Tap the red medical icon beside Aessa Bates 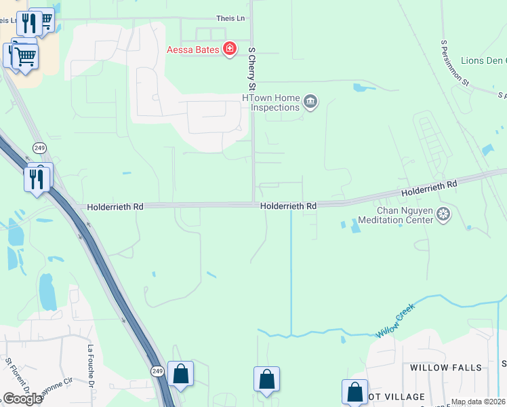pyautogui.click(x=230, y=49)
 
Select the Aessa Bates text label pyautogui.click(x=195, y=50)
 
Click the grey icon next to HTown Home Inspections pyautogui.click(x=310, y=102)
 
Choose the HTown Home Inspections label pyautogui.click(x=271, y=103)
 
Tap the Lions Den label pyautogui.click(x=483, y=61)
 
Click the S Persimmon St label pyautogui.click(x=455, y=62)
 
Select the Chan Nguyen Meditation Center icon pyautogui.click(x=443, y=215)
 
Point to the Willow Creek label pyautogui.click(x=395, y=321)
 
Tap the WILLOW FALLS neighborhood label pyautogui.click(x=445, y=368)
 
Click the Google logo pyautogui.click(x=22, y=399)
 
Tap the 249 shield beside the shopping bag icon pyautogui.click(x=157, y=370)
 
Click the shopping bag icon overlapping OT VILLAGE pyautogui.click(x=354, y=391)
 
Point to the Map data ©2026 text pyautogui.click(x=478, y=402)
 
